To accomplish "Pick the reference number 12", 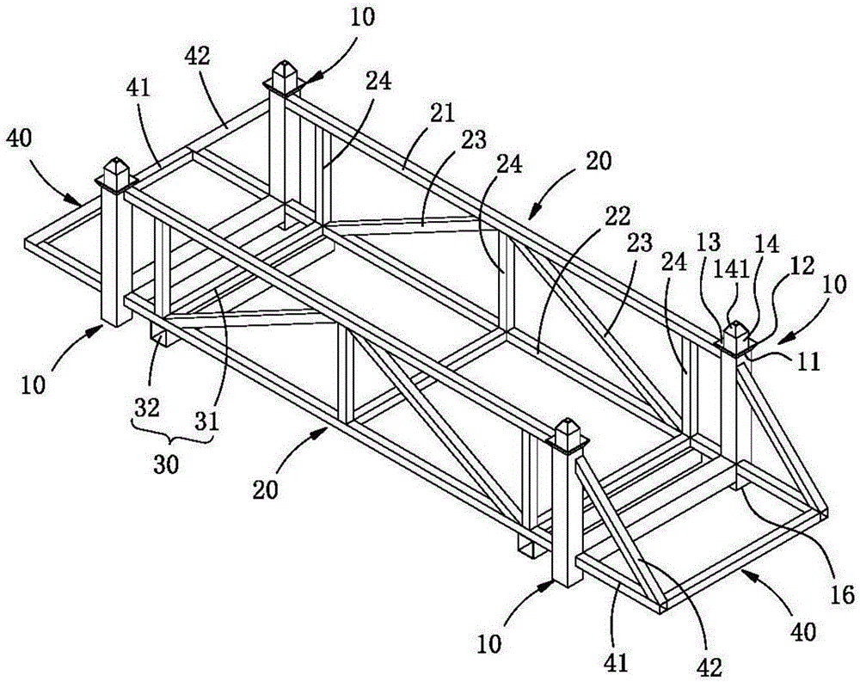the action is pyautogui.click(x=802, y=266).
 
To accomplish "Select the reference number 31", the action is pyautogui.click(x=206, y=421).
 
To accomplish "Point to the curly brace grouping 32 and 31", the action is pyautogui.click(x=172, y=437).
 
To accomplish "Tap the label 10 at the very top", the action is pyautogui.click(x=362, y=16).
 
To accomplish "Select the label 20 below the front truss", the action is pyautogui.click(x=266, y=488).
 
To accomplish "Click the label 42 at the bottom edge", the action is pyautogui.click(x=709, y=666).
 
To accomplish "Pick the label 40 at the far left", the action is pyautogui.click(x=20, y=138).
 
